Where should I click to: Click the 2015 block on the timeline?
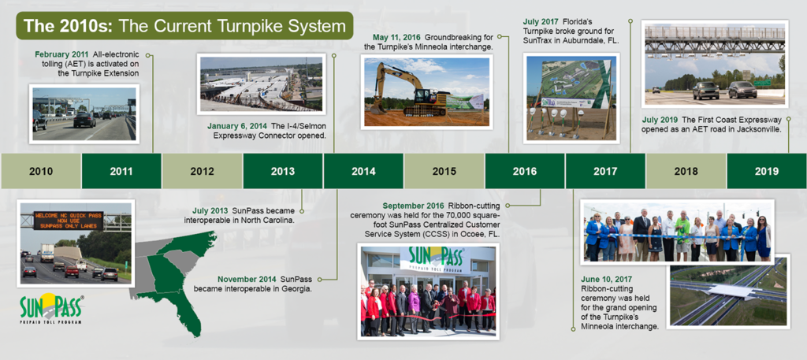pyautogui.click(x=444, y=171)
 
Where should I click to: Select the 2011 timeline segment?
pyautogui.click(x=121, y=171)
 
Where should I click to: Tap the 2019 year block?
pyautogui.click(x=767, y=171)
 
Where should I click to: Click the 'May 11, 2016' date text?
pyautogui.click(x=396, y=38)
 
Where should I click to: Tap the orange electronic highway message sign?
pyautogui.click(x=69, y=220)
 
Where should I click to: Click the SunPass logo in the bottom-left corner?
pyautogui.click(x=51, y=307)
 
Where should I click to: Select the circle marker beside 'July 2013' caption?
pyautogui.click(x=301, y=211)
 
